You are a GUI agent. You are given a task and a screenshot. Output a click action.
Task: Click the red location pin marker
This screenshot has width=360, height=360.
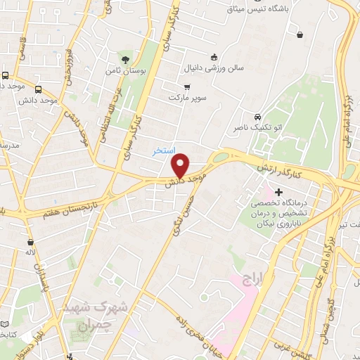[x=181, y=165]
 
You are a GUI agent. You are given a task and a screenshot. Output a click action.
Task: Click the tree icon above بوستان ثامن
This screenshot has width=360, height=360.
[x=126, y=58]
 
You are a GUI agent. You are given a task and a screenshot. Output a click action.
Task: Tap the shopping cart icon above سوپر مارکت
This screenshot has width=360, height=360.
[x=186, y=86]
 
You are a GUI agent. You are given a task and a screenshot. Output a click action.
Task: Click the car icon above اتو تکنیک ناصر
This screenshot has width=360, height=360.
[x=258, y=116]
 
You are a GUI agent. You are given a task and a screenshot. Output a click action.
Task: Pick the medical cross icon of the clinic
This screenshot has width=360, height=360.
[x=279, y=191]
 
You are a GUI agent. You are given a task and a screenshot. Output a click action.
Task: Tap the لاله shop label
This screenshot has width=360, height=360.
[x=30, y=251]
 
